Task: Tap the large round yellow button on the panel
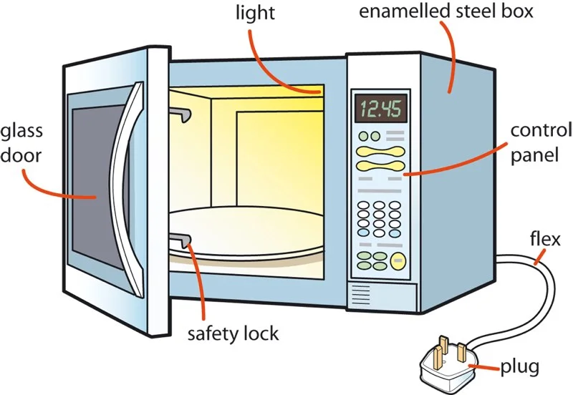[x=398, y=259]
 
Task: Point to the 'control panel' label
[x=541, y=143]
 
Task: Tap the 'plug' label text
[x=519, y=368]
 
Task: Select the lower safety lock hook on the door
[x=180, y=241]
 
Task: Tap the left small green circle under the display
[x=363, y=136]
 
